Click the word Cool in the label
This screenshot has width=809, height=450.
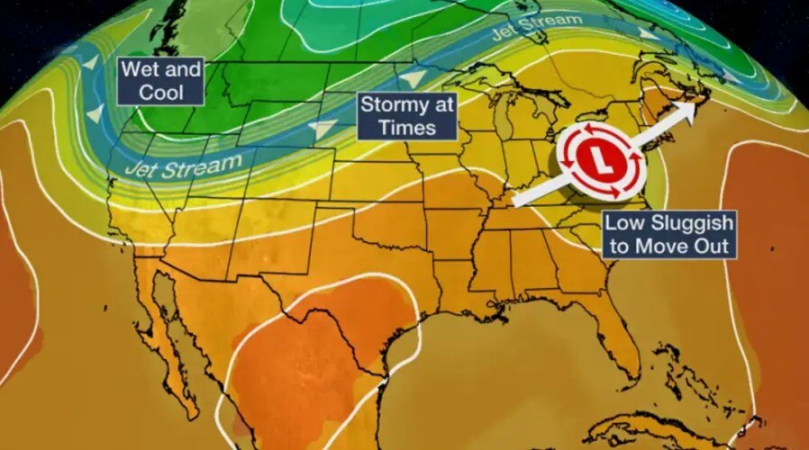tap(161, 92)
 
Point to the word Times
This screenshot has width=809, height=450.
tap(406, 127)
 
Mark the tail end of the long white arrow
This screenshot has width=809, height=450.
tap(514, 203)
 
